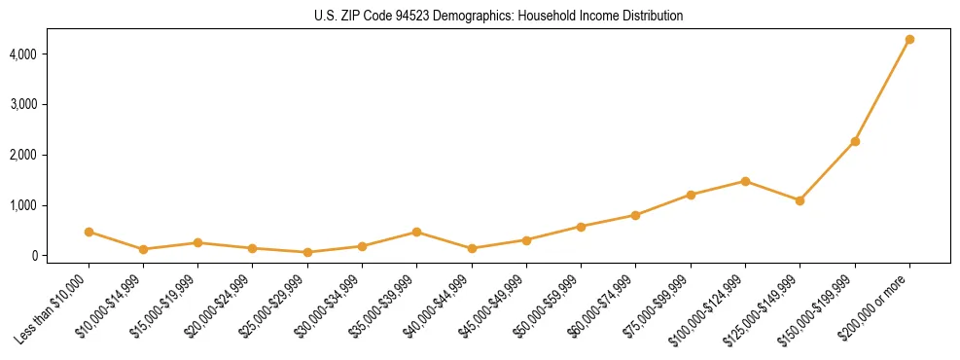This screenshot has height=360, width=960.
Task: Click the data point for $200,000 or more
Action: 909,40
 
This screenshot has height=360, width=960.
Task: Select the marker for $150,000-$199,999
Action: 855,141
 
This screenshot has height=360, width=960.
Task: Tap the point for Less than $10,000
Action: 89,232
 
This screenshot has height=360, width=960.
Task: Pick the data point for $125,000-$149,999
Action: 800,200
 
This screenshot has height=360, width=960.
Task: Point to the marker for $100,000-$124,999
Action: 745,181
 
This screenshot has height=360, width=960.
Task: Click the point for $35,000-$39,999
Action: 416,232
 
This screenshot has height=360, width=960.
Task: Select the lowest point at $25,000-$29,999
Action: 307,252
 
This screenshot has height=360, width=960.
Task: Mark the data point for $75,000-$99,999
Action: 691,195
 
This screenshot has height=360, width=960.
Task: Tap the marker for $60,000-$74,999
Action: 635,215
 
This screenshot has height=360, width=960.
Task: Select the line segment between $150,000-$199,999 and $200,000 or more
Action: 882,90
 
